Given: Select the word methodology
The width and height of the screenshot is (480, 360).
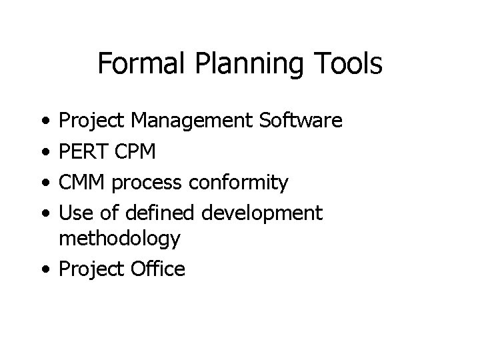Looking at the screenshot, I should pyautogui.click(x=120, y=239).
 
